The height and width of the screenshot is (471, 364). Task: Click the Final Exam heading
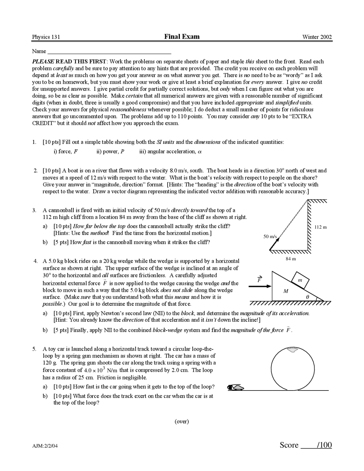182,36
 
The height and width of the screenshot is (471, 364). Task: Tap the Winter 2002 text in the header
317,37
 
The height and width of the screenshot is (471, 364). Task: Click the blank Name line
109,52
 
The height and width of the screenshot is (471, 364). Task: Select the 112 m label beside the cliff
320,227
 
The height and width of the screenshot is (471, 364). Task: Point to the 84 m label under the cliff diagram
291,259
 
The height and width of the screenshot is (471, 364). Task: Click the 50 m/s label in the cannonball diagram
270,236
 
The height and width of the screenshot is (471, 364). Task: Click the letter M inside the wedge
286,291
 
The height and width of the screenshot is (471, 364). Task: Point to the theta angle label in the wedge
307,297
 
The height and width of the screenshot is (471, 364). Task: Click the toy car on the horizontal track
236,387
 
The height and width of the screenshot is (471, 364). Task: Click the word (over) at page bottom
182,421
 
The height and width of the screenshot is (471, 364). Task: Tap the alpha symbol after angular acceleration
200,152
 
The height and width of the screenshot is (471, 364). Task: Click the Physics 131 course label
46,37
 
